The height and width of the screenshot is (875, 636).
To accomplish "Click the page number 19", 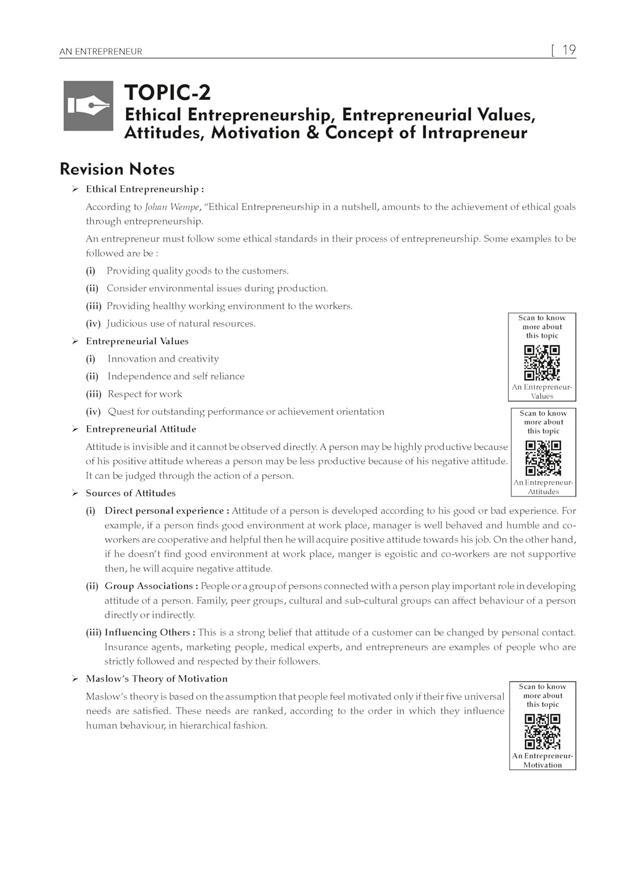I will [x=568, y=50].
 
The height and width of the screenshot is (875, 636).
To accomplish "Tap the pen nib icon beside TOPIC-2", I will [x=88, y=106].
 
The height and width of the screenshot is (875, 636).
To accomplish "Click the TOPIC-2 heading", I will [x=167, y=93].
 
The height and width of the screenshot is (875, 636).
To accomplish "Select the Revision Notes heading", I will [x=117, y=169].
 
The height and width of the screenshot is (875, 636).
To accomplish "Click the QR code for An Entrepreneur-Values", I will [x=542, y=362].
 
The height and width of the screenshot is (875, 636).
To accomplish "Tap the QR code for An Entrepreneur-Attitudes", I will [x=543, y=458].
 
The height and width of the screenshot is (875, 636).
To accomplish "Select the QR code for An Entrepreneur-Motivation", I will [x=543, y=731].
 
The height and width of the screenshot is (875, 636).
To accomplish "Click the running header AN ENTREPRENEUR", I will [x=101, y=51].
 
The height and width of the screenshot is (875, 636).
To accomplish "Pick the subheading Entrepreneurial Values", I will [x=137, y=341].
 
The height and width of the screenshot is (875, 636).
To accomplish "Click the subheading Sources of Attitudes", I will [x=131, y=493].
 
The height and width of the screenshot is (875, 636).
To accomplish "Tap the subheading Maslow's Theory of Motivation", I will [x=156, y=679].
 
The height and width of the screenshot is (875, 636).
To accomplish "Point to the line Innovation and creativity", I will [x=163, y=359].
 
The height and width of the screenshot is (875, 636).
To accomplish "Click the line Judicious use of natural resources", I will [x=181, y=324].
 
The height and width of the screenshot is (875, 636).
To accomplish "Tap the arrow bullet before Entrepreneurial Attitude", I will [x=75, y=429].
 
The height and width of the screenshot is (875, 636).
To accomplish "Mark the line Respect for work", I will [x=145, y=394].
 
